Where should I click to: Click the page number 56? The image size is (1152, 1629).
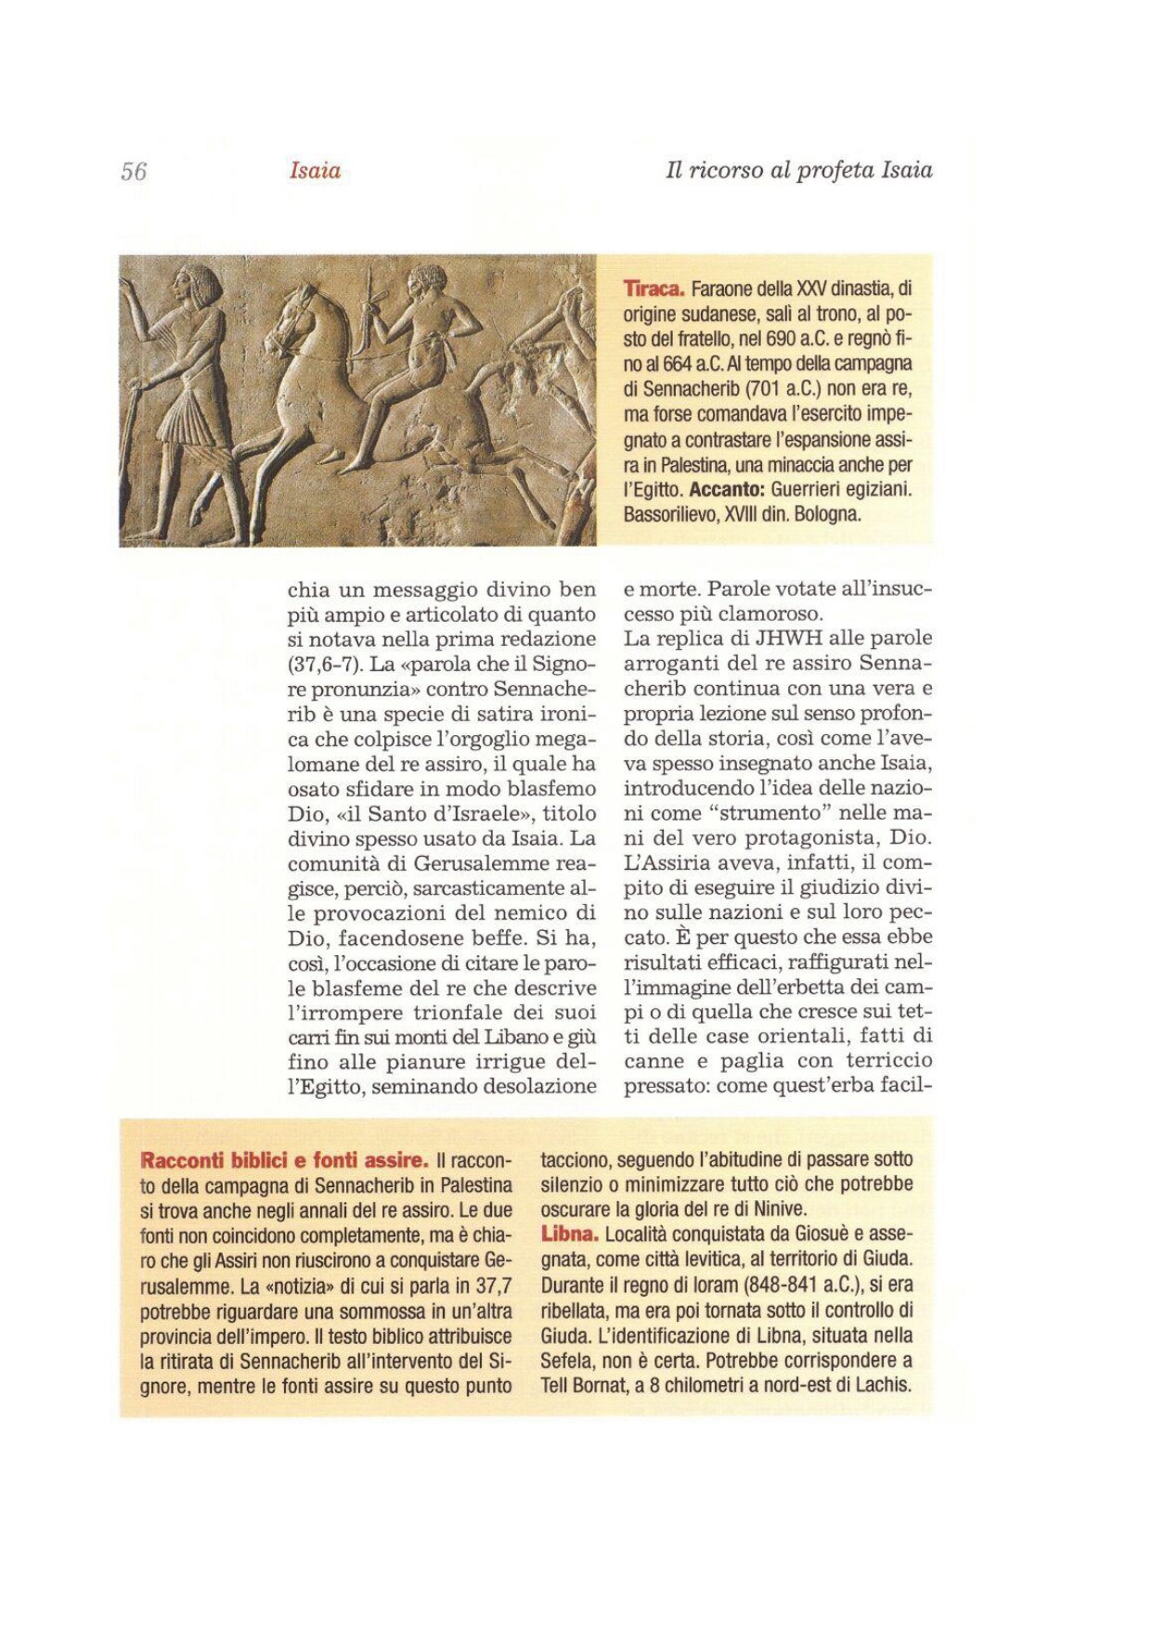click(x=134, y=172)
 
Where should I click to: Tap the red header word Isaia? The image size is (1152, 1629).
click(x=315, y=171)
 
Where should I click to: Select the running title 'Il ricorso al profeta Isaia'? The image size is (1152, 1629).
click(x=798, y=171)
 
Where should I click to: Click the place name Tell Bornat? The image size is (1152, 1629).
click(x=584, y=1386)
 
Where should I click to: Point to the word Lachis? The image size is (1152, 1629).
click(x=883, y=1386)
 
